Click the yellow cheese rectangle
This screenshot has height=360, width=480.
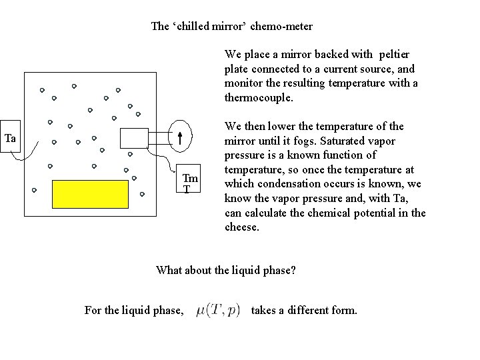click(x=91, y=194)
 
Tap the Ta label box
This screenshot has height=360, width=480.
click(x=11, y=139)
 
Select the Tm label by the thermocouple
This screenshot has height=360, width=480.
click(x=190, y=178)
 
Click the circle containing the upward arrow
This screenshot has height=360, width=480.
click(x=181, y=137)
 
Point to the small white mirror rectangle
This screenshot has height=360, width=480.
click(x=133, y=137)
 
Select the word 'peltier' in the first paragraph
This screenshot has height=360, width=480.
click(x=393, y=53)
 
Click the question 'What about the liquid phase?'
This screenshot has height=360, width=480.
click(x=225, y=270)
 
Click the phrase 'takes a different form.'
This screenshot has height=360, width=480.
click(x=304, y=310)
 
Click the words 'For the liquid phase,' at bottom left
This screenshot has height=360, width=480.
click(x=134, y=310)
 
